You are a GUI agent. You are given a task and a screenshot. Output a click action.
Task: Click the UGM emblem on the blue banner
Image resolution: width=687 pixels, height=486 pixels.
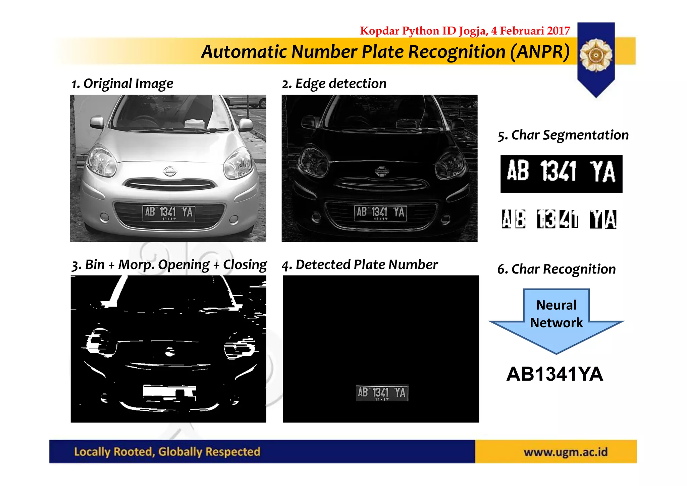coord(596,55)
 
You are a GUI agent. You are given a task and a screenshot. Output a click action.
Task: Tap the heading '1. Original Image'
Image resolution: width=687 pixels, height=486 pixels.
coord(122,84)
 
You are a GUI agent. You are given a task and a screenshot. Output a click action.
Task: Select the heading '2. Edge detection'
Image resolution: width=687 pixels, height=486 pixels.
coord(334,84)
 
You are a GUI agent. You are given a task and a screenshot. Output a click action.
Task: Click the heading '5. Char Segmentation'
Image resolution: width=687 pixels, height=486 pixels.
coord(563,135)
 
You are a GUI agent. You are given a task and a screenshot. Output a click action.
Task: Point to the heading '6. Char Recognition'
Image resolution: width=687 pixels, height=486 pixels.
coord(557,269)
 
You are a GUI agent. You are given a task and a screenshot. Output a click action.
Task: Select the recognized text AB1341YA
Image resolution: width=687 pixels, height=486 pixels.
coord(555,374)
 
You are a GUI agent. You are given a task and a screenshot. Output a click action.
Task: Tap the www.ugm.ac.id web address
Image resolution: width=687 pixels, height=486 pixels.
coord(566,452)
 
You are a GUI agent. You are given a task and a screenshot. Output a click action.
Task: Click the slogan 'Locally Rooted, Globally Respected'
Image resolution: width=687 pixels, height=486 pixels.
coord(167,452)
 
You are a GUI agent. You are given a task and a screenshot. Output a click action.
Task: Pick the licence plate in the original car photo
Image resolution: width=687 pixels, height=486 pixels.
coord(168,213)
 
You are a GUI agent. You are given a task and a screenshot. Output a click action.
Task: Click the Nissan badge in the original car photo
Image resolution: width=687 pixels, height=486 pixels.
coord(170,171)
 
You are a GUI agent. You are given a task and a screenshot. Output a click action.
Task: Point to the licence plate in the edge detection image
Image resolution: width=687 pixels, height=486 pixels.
coord(380,213)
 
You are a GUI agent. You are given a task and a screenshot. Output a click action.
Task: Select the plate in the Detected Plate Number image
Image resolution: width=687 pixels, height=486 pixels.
coord(382,393)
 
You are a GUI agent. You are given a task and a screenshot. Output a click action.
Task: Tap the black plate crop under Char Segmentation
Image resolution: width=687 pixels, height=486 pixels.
coord(561,174)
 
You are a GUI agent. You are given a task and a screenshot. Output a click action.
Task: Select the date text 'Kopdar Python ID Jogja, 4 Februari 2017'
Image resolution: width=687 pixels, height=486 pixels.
coord(465,31)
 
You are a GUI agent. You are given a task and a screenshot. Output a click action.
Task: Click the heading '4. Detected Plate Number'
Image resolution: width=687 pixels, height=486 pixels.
coord(360,265)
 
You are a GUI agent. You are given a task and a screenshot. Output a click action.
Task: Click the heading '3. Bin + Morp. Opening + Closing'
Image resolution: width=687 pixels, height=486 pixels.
coord(169,265)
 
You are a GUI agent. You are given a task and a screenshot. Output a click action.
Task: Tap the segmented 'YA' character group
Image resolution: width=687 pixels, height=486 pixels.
coord(603,220)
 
